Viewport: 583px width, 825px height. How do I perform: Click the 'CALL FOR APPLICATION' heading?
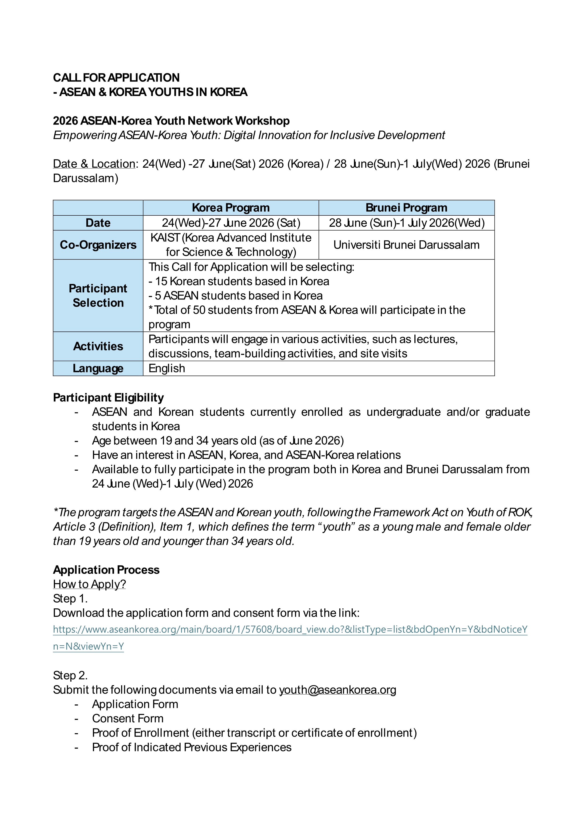(x=116, y=78)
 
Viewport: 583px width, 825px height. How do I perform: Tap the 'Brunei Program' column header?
(x=406, y=208)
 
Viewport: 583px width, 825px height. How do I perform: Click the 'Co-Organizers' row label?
(x=98, y=245)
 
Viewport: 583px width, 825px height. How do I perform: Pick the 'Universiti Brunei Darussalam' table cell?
(x=406, y=245)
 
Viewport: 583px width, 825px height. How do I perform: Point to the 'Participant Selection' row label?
(x=98, y=295)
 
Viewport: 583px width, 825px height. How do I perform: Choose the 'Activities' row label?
(x=98, y=346)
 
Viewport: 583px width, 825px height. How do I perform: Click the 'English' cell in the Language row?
(x=167, y=368)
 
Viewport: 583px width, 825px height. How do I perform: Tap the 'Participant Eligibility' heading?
(x=108, y=397)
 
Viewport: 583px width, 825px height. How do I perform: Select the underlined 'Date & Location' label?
(x=94, y=164)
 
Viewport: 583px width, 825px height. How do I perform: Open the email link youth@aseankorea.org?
(x=337, y=690)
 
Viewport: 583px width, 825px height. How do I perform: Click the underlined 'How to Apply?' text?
(x=89, y=584)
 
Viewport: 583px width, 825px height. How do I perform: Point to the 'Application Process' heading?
(x=106, y=570)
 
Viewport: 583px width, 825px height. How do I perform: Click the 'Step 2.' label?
(x=70, y=675)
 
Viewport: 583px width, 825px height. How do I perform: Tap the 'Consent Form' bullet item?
(x=128, y=719)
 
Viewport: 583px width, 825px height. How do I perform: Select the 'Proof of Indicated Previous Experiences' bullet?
(x=192, y=747)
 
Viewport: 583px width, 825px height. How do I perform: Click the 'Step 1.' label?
(x=70, y=599)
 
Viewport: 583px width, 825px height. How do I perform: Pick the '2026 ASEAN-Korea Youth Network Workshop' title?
(x=171, y=121)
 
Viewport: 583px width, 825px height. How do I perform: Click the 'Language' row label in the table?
(x=98, y=368)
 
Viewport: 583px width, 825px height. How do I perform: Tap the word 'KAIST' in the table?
(x=165, y=238)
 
